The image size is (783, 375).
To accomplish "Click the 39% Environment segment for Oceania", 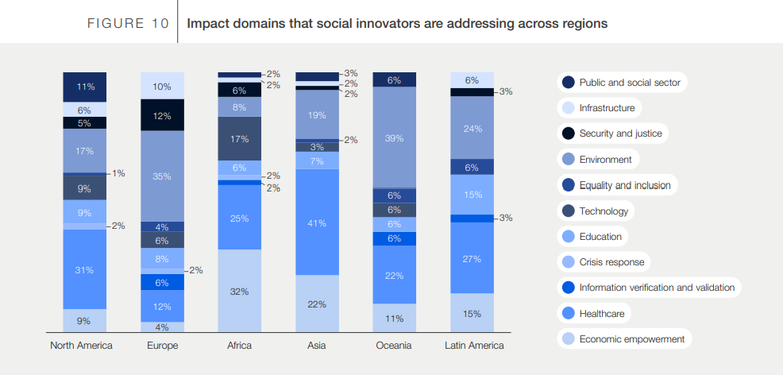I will (395, 137).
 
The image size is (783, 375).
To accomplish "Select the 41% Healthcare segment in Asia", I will (317, 222).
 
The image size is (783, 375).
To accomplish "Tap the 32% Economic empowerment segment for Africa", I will (240, 291).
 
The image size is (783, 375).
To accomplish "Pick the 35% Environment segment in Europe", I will (162, 176).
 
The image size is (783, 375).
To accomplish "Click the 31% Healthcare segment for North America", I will (85, 269).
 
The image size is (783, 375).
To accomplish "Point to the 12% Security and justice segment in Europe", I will (162, 115).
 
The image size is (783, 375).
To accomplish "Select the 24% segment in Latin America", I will (472, 128).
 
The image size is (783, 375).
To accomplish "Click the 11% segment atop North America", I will (85, 86).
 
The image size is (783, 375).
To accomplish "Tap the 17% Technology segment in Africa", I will (240, 138).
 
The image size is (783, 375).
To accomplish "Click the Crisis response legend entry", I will (611, 262).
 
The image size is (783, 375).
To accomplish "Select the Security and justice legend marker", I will (568, 133).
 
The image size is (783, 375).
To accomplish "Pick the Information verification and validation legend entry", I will (657, 288).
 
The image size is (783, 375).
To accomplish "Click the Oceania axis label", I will (395, 346).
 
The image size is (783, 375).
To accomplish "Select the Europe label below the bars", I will (162, 346).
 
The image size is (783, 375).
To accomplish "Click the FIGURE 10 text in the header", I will (127, 24).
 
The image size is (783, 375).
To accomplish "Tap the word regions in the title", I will (584, 24).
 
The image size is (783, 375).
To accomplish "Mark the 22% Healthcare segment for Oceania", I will (395, 275).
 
